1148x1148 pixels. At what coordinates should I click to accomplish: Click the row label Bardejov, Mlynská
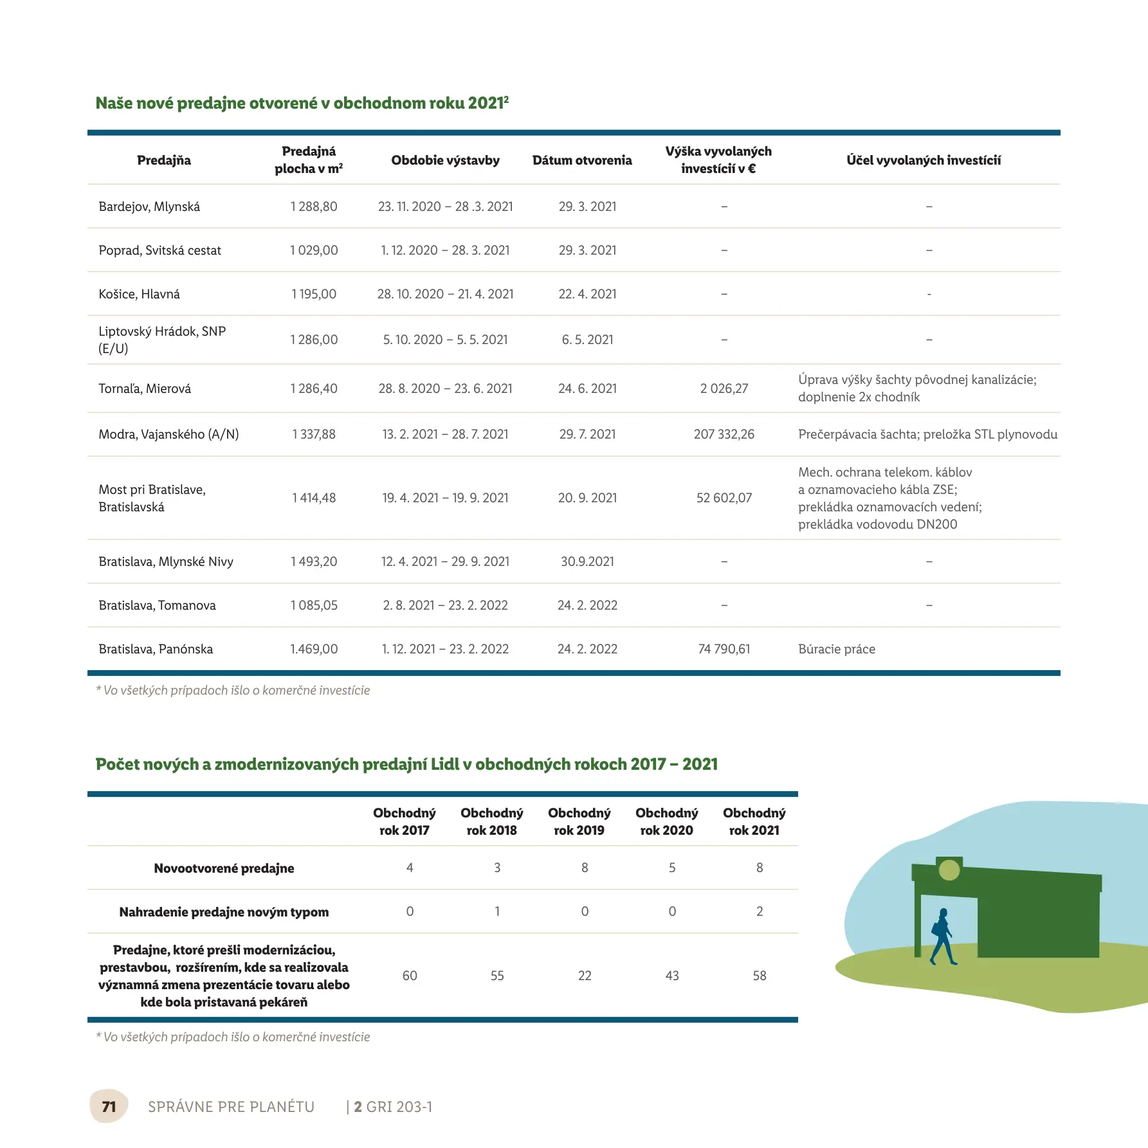[149, 206]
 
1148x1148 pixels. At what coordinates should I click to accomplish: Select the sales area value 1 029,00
[314, 250]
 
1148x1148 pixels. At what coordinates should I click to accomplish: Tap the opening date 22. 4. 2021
[587, 294]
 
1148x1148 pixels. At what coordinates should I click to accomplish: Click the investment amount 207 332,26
[724, 434]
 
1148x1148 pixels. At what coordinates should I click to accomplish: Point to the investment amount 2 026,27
[724, 388]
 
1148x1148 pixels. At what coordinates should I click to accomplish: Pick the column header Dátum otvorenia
[582, 160]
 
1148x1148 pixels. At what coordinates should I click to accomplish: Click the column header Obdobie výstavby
[445, 160]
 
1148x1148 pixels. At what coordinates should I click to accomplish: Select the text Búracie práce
[836, 649]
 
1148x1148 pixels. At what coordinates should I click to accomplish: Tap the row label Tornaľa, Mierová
[145, 388]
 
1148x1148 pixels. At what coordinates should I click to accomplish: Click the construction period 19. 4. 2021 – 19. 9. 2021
[445, 498]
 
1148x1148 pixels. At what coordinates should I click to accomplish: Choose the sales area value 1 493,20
[314, 561]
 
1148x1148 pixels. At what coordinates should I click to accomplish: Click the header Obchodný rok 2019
[579, 821]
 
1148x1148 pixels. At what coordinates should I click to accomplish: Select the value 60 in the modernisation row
[410, 976]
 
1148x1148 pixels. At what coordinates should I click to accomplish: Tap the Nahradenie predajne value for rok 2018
[497, 911]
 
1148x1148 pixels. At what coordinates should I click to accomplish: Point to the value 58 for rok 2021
[760, 976]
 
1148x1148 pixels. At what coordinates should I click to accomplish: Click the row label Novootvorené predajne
[224, 868]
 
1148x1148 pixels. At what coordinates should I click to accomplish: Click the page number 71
[109, 1106]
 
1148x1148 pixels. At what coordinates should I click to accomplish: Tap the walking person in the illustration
[943, 936]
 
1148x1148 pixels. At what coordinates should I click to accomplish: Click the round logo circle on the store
[949, 870]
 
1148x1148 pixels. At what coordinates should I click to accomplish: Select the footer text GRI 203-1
[399, 1107]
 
